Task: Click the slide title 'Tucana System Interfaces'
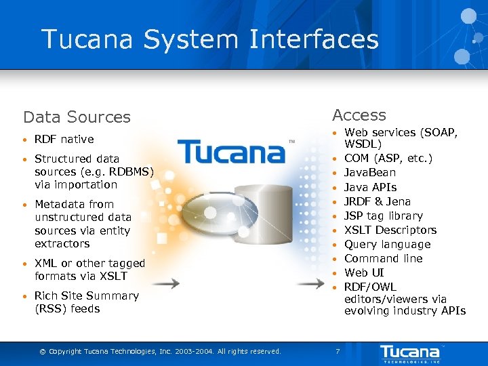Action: [x=209, y=39]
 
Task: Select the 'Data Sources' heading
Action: [x=77, y=117]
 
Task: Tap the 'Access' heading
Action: [x=359, y=115]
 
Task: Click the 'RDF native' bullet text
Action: [x=64, y=139]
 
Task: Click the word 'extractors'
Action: [x=62, y=243]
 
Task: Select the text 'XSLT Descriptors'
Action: [x=390, y=230]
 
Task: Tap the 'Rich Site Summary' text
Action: [x=86, y=296]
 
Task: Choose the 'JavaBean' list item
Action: [x=370, y=173]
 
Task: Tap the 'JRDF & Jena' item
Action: [x=378, y=201]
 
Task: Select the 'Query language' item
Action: [x=387, y=244]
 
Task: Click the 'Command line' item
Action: [x=383, y=258]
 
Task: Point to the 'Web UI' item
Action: [x=364, y=272]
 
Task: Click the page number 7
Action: [x=338, y=351]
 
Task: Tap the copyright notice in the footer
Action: [x=160, y=351]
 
